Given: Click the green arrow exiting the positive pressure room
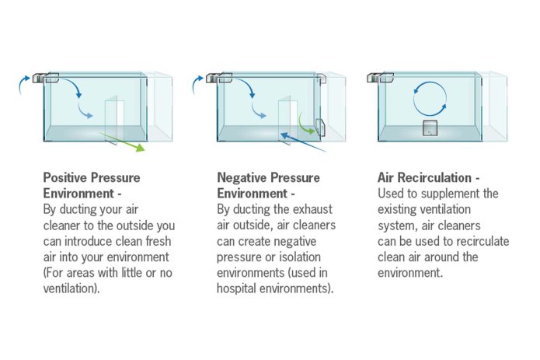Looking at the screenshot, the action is point(123,142).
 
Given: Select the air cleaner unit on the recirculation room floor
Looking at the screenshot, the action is point(430,128).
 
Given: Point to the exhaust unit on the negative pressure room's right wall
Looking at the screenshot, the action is point(320,127).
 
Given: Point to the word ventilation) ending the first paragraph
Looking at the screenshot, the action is point(71,288).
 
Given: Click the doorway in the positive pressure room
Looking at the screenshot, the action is point(114,119).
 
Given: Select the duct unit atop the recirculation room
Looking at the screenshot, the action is point(381,78).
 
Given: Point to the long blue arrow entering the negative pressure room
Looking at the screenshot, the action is point(303,142).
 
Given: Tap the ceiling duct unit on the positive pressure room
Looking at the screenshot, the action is point(46,78).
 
